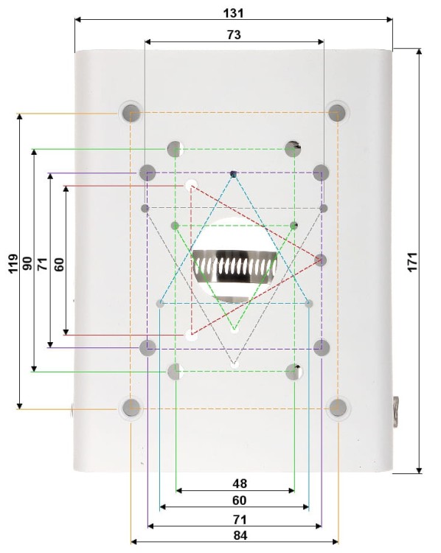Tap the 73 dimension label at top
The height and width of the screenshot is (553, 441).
[234, 34]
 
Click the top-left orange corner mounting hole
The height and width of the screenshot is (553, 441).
[131, 113]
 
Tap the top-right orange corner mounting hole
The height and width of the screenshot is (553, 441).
[338, 113]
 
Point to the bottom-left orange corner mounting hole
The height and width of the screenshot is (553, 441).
[131, 406]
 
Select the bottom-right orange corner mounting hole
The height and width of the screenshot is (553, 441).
[338, 406]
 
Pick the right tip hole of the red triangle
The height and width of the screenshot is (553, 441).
[321, 260]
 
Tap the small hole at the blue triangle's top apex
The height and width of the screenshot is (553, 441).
[234, 174]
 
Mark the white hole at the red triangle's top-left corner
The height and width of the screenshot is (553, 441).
[192, 185]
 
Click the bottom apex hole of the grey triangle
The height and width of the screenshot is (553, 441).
[235, 364]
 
